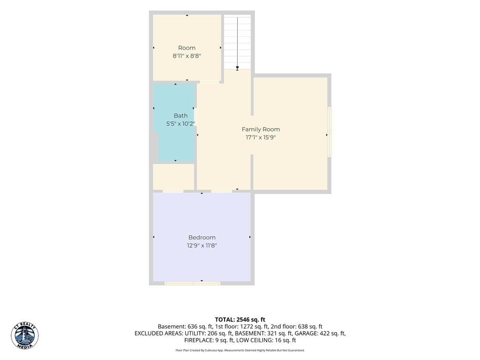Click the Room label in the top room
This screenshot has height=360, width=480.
pos(187,48)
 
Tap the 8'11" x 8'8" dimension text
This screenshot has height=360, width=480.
pos(187,56)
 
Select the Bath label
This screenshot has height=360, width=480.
pos(180,116)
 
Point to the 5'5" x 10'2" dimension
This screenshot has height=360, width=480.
pos(180,124)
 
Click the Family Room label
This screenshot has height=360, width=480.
pos(261,129)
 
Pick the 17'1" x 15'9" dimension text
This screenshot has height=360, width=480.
pos(261,137)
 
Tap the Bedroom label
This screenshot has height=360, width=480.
pos(202,238)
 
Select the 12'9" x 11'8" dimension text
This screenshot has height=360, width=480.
pos(202,246)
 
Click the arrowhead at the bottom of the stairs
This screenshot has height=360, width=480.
pos(237,68)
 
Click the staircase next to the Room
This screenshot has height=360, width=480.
pos(237,42)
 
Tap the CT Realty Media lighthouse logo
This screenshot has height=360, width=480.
pos(25,336)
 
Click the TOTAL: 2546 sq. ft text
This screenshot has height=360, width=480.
pos(240,320)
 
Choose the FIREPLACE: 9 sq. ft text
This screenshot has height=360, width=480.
pos(209,340)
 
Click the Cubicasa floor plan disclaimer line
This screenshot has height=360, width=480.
pos(240,350)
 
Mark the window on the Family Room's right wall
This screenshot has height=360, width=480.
pos(330,132)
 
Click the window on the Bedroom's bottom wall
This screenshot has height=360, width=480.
pos(193,283)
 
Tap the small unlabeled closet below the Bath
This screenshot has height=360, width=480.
pos(173,177)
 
